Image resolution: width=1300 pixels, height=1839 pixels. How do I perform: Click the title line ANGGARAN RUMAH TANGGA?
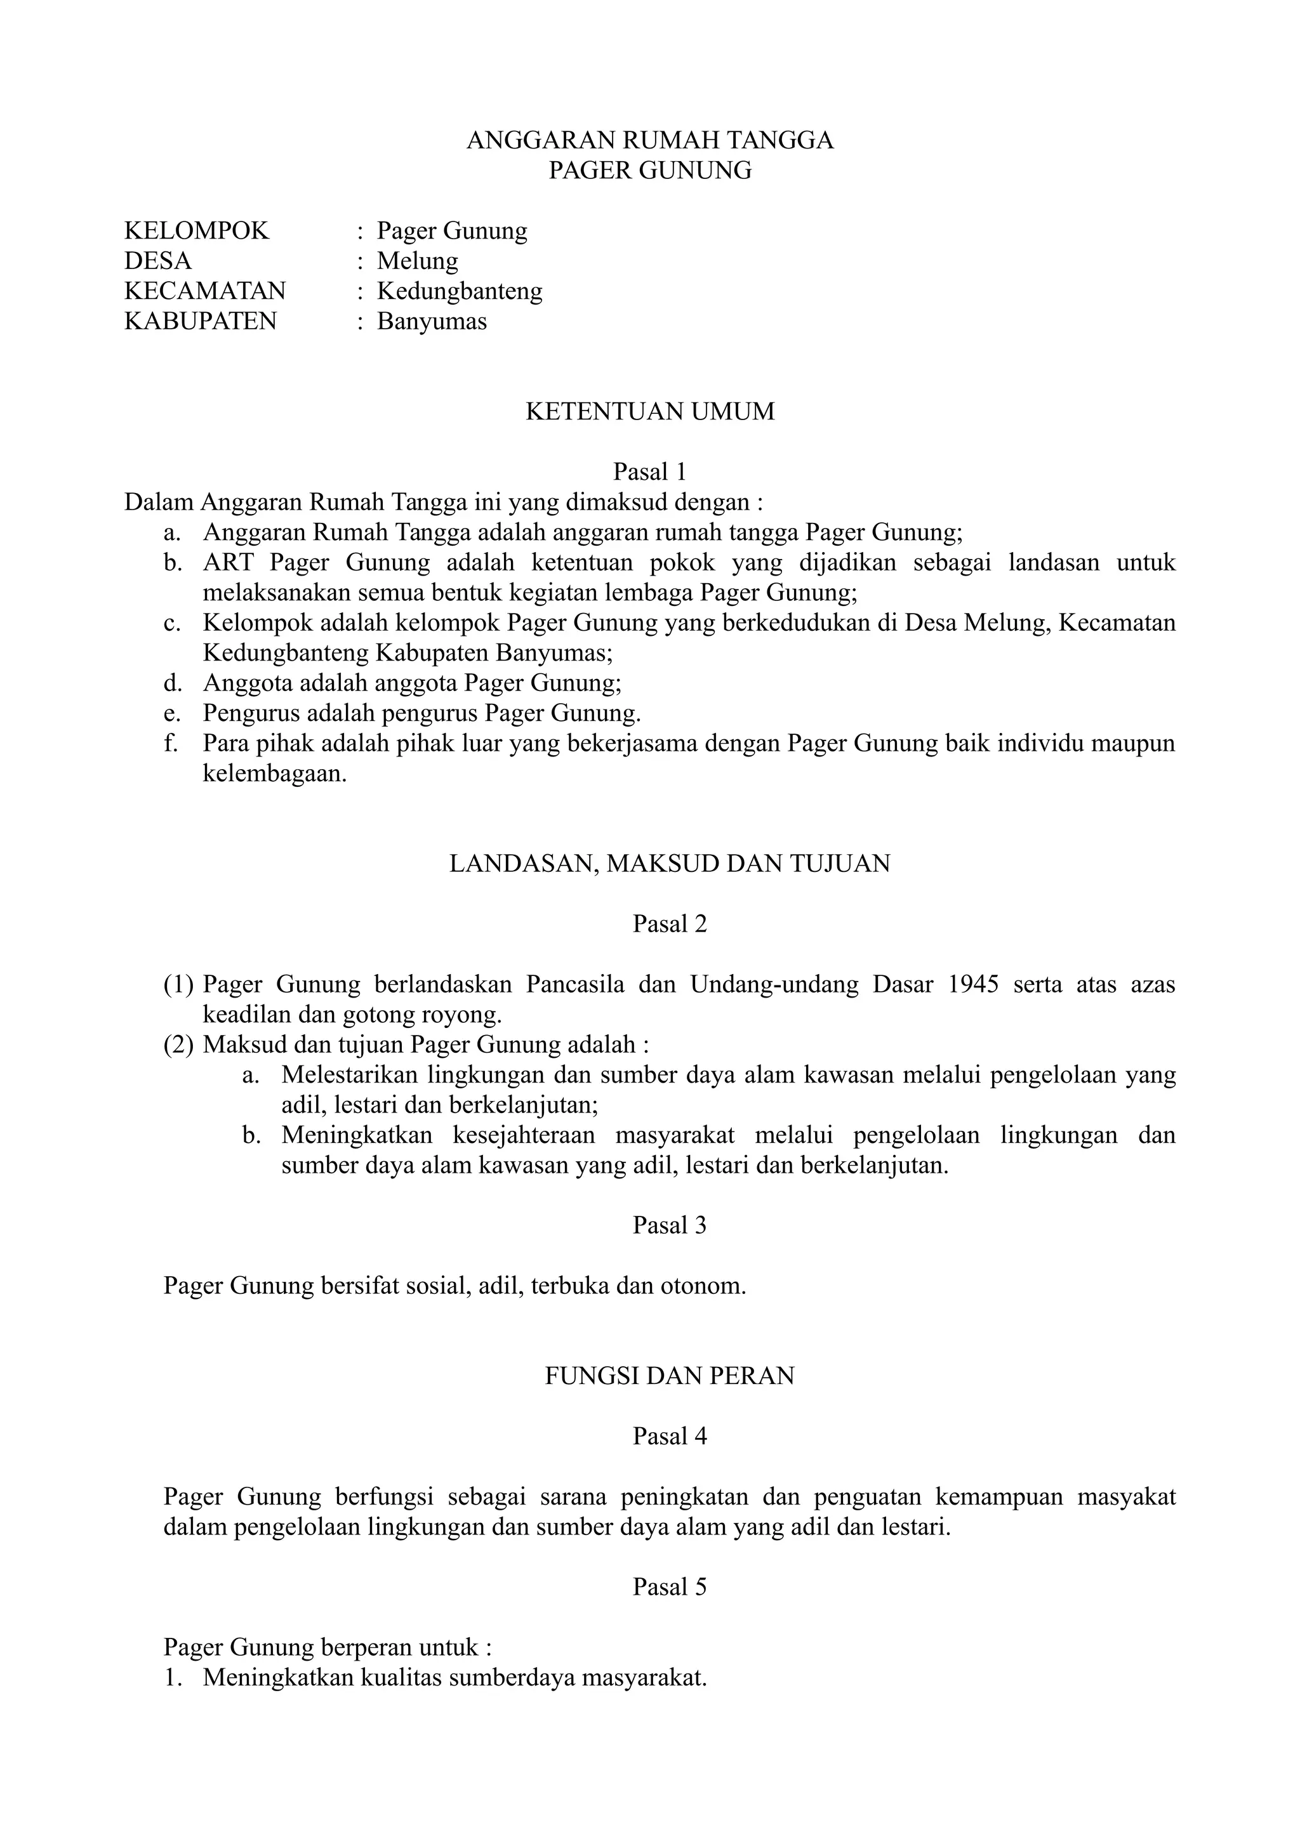pyautogui.click(x=649, y=140)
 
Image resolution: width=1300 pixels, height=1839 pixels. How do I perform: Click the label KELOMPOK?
pyautogui.click(x=197, y=231)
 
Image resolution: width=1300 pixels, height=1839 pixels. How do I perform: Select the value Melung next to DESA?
pyautogui.click(x=417, y=261)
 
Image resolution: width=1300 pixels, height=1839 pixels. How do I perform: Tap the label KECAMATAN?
pyautogui.click(x=205, y=291)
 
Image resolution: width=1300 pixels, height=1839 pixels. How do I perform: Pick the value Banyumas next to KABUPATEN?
pyautogui.click(x=432, y=321)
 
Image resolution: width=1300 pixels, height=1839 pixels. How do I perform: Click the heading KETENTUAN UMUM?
pyautogui.click(x=649, y=412)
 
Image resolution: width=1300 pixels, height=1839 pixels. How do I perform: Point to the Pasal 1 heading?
pyautogui.click(x=649, y=471)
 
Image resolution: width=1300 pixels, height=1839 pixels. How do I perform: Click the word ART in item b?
pyautogui.click(x=229, y=562)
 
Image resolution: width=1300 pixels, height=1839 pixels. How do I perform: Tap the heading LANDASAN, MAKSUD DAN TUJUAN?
pyautogui.click(x=670, y=864)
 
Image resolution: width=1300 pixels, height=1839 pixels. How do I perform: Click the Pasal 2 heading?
pyautogui.click(x=670, y=925)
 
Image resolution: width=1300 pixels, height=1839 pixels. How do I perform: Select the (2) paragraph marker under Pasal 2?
pyautogui.click(x=178, y=1045)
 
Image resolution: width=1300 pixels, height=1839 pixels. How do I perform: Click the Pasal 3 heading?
pyautogui.click(x=670, y=1225)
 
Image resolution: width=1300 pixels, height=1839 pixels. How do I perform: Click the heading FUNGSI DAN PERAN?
pyautogui.click(x=670, y=1376)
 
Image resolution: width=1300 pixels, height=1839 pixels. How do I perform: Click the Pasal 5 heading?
pyautogui.click(x=670, y=1588)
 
